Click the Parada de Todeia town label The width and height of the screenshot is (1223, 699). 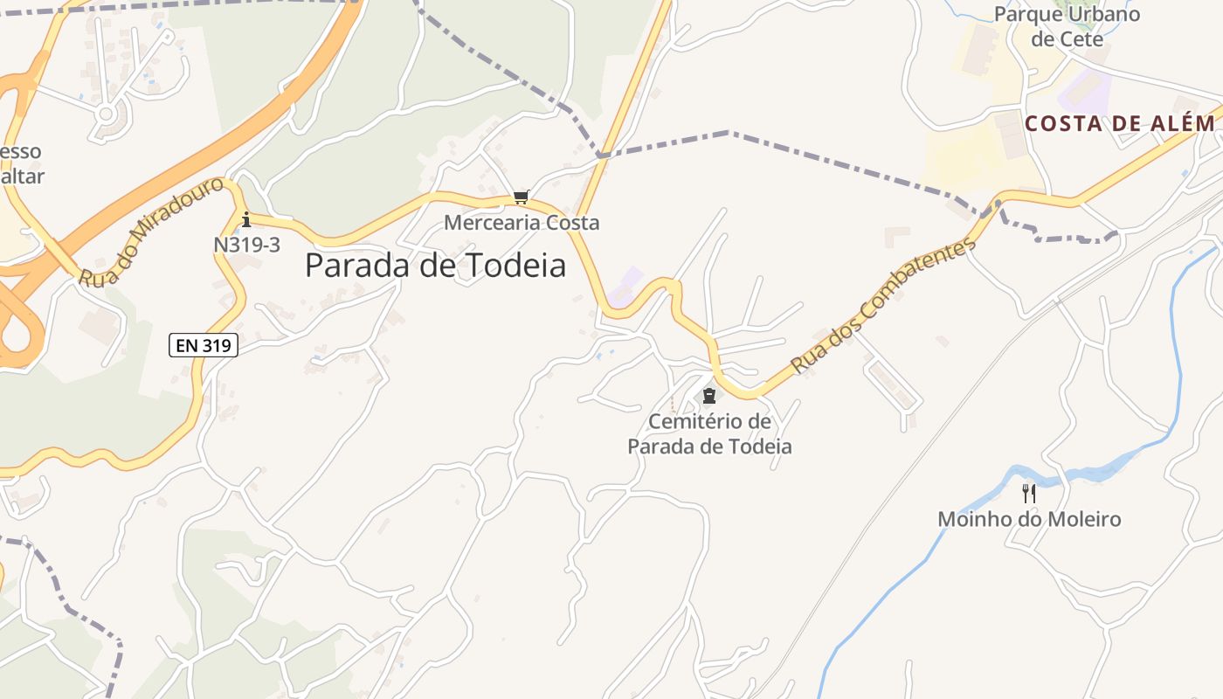435,266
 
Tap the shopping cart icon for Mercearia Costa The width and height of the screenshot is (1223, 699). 522,197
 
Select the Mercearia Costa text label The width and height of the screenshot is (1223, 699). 522,223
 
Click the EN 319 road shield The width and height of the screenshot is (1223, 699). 204,346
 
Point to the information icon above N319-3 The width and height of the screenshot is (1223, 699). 246,219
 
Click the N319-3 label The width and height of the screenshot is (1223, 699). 246,245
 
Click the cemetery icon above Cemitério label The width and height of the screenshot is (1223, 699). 709,397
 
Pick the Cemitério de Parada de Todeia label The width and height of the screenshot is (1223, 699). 709,434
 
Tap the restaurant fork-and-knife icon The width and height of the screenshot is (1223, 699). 1029,494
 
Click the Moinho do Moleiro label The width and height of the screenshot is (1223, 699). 1029,519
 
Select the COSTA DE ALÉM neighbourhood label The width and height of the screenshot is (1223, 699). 1120,124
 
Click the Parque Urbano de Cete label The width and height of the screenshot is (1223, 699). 1067,27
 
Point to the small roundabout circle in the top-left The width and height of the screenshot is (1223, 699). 107,114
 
